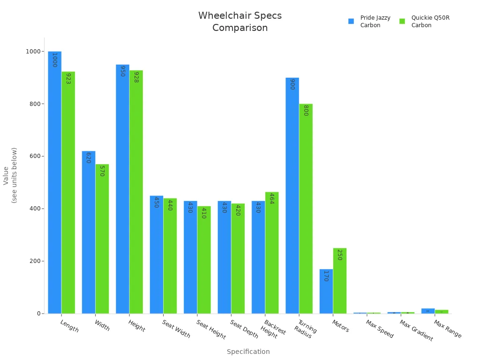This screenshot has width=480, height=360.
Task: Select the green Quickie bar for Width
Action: [x=102, y=239]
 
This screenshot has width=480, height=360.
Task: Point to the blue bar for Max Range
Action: [x=427, y=311]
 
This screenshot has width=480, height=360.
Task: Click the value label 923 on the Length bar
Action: [x=68, y=79]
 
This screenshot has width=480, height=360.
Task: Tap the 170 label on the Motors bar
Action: [x=326, y=276]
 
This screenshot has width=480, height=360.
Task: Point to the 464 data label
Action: [x=271, y=199]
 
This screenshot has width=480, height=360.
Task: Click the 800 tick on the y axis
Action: [x=35, y=104]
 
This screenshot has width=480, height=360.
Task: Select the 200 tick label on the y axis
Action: [x=35, y=261]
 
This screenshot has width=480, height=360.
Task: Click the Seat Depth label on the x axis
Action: [x=244, y=329]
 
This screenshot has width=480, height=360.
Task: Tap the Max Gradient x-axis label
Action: [x=416, y=330]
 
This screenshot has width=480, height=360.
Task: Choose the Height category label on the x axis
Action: [x=136, y=326]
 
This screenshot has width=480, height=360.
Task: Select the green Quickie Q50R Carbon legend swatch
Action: [x=402, y=22]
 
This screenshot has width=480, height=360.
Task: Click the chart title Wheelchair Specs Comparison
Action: [x=240, y=22]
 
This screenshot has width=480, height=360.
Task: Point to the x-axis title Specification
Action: [x=248, y=352]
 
